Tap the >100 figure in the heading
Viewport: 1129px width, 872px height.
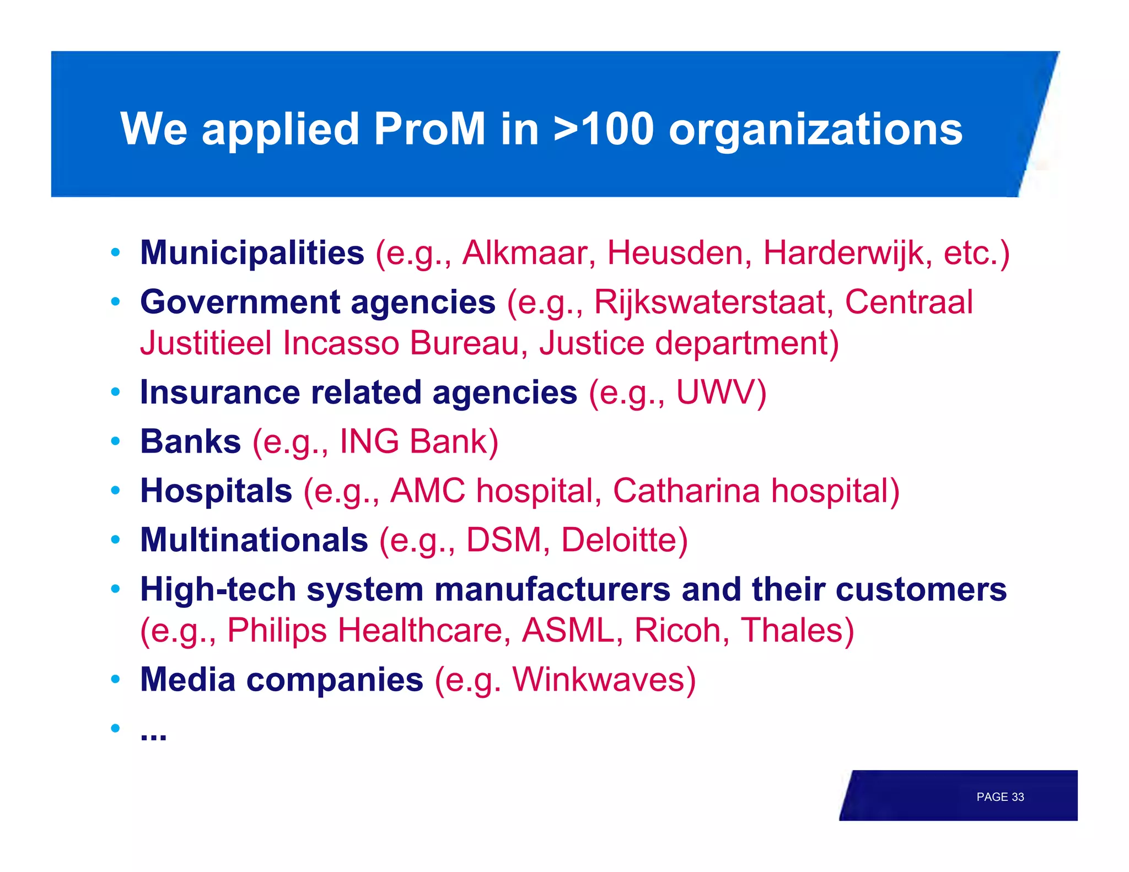pyautogui.click(x=603, y=129)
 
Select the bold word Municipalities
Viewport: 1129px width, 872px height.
pyautogui.click(x=252, y=253)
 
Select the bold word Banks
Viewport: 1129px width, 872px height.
pyautogui.click(x=191, y=442)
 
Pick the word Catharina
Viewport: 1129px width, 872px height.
pyautogui.click(x=686, y=491)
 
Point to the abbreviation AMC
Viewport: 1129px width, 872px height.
pyautogui.click(x=427, y=491)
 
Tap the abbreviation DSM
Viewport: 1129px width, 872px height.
pyautogui.click(x=504, y=540)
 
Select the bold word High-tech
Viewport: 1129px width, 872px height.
pyautogui.click(x=218, y=589)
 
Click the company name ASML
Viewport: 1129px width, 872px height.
pyautogui.click(x=568, y=630)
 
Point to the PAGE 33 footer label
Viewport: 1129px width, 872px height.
pyautogui.click(x=999, y=797)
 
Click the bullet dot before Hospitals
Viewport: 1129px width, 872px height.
pyautogui.click(x=115, y=490)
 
